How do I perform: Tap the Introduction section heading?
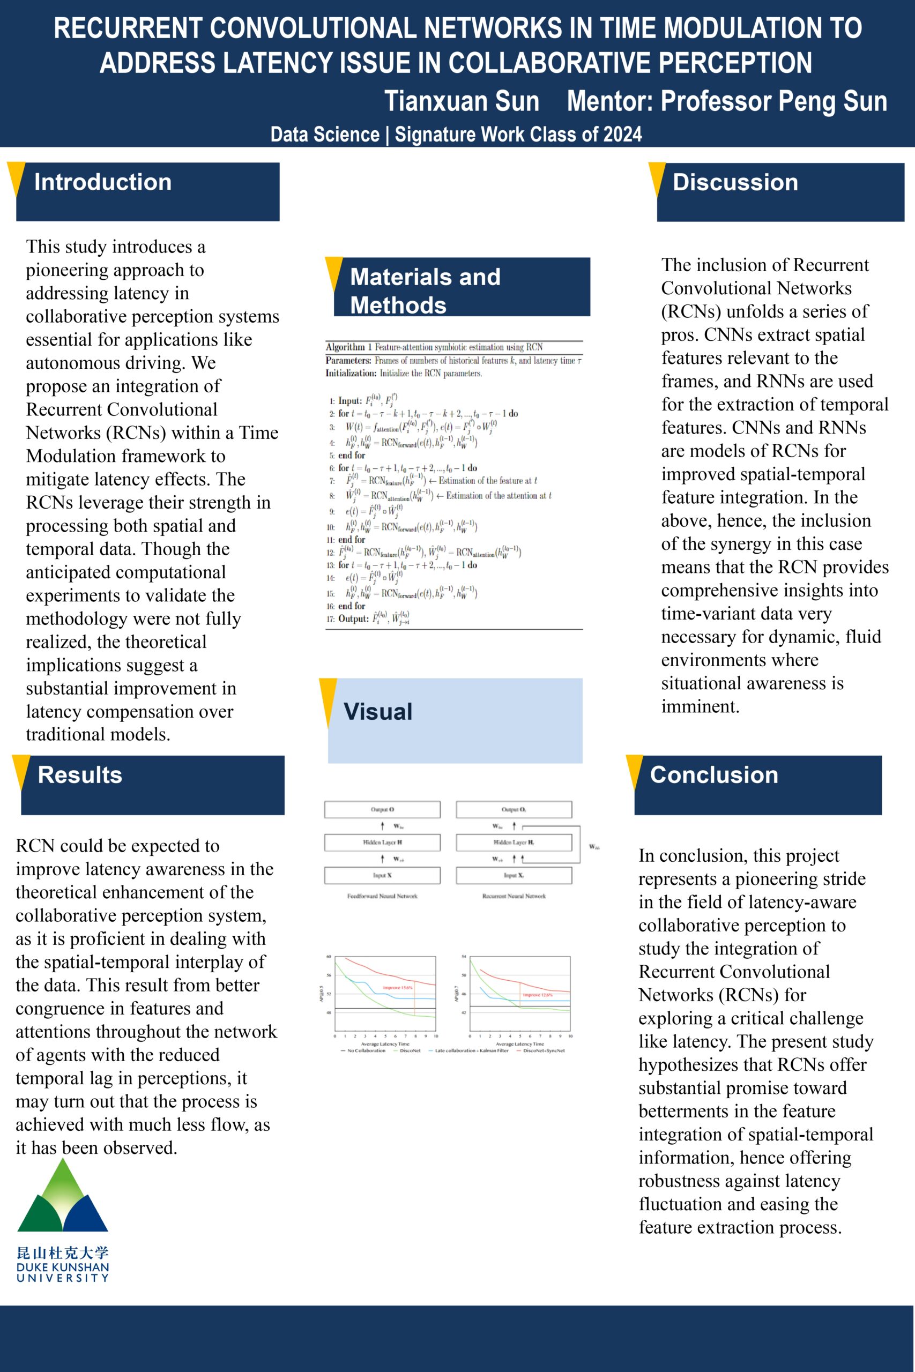pyautogui.click(x=103, y=182)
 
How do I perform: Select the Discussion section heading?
pyautogui.click(x=735, y=182)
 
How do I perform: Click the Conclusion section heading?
pyautogui.click(x=713, y=774)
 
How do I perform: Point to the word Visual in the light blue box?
pyautogui.click(x=378, y=712)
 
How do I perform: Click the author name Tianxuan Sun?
pyautogui.click(x=462, y=101)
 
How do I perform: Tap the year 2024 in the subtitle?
pyautogui.click(x=622, y=135)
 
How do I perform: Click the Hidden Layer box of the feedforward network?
pyautogui.click(x=382, y=842)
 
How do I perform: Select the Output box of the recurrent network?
pyautogui.click(x=514, y=810)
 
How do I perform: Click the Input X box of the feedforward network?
pyautogui.click(x=382, y=876)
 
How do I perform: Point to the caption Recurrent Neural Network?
pyautogui.click(x=514, y=896)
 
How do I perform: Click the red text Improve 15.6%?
pyautogui.click(x=397, y=988)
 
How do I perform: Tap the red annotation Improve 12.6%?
pyautogui.click(x=538, y=995)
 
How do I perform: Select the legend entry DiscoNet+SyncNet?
pyautogui.click(x=544, y=1050)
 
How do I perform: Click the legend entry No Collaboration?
pyautogui.click(x=367, y=1050)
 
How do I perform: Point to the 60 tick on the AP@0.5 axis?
pyautogui.click(x=329, y=957)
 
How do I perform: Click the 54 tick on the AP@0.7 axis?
pyautogui.click(x=464, y=957)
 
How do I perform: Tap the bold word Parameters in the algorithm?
pyautogui.click(x=348, y=361)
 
